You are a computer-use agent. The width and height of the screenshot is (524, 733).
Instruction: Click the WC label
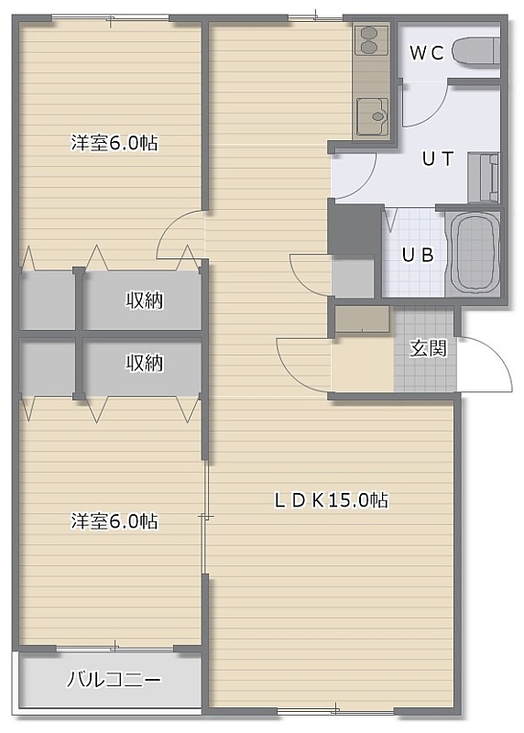(x=426, y=53)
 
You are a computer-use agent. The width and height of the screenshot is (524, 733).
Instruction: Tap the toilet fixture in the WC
(x=475, y=52)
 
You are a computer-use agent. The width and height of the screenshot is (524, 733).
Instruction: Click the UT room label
(x=438, y=159)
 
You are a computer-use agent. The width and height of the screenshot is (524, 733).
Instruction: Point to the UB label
(x=418, y=255)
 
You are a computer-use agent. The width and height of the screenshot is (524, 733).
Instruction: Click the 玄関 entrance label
(x=428, y=349)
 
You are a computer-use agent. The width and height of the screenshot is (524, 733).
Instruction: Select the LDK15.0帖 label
(x=330, y=500)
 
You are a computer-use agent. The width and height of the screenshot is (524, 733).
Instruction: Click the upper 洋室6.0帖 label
(x=115, y=143)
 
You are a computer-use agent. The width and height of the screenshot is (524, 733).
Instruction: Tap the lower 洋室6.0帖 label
(x=115, y=520)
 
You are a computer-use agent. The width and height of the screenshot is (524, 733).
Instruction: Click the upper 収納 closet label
(x=145, y=301)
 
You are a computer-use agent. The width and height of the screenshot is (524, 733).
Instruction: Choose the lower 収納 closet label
(x=145, y=363)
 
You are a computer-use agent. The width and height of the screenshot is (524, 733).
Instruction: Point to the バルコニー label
(x=114, y=679)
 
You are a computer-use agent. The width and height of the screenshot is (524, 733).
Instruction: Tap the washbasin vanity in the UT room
(x=484, y=178)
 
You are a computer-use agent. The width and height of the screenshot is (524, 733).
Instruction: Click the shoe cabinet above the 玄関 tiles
(x=362, y=319)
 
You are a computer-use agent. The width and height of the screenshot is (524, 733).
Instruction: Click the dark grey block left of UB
(x=354, y=229)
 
